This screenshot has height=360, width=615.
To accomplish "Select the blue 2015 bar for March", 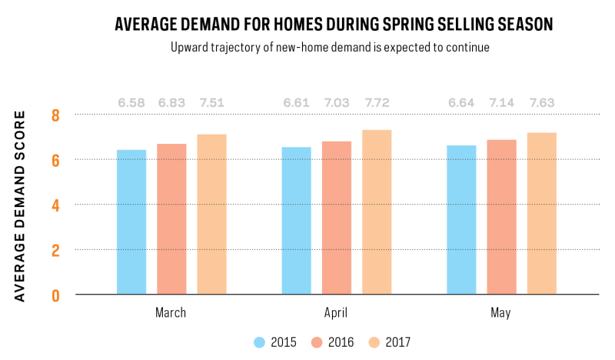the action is click(x=131, y=222).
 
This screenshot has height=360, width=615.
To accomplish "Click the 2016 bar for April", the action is click(x=337, y=218).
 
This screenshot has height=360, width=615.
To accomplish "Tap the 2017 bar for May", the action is click(x=542, y=213).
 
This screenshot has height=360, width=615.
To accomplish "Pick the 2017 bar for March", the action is click(x=212, y=214).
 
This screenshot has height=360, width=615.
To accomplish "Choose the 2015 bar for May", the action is click(x=462, y=219).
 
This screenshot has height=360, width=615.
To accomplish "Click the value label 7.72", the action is click(x=377, y=103).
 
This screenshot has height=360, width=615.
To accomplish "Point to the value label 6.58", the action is click(x=131, y=103).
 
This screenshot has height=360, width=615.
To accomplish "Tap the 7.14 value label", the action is click(x=501, y=103).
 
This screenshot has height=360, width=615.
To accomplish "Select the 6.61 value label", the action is click(x=296, y=103).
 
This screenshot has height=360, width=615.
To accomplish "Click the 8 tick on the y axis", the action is click(x=55, y=115).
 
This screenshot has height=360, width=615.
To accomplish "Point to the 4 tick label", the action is click(x=55, y=205).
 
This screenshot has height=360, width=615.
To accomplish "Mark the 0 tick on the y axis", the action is click(x=55, y=295).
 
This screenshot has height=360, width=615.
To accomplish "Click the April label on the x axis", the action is click(x=336, y=313).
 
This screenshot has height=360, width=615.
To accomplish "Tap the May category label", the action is click(x=501, y=313).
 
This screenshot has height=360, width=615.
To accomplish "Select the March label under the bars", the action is click(x=171, y=312).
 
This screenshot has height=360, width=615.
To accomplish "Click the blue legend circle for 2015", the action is click(x=260, y=342).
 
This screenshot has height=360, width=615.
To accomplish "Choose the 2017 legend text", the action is click(x=398, y=342).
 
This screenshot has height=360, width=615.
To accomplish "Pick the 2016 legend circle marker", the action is click(x=317, y=342).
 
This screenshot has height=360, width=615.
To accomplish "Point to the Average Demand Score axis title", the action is click(x=20, y=206).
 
